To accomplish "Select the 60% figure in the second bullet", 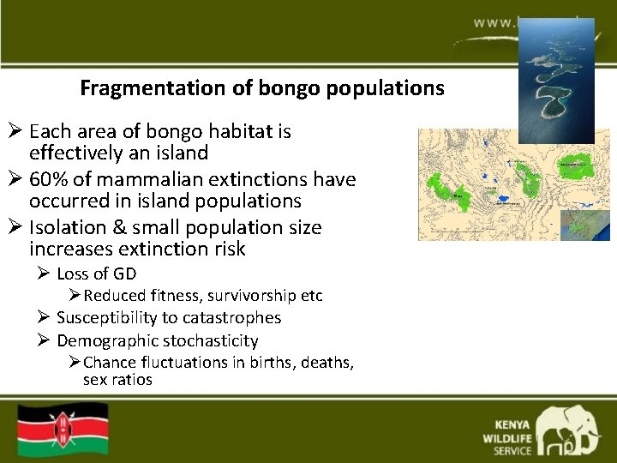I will click(49, 179).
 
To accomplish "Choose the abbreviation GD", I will click(124, 274).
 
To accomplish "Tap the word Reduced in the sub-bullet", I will click(114, 296).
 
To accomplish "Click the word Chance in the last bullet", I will click(111, 363).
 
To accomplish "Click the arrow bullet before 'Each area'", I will click(15, 132).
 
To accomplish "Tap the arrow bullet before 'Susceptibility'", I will click(43, 318).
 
